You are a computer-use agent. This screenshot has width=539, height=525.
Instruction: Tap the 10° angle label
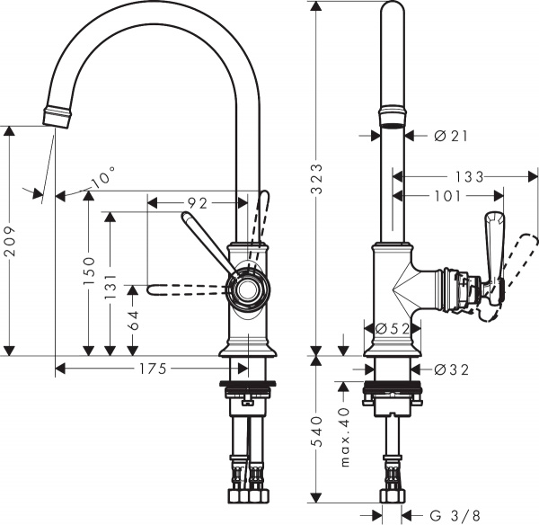tap(103, 180)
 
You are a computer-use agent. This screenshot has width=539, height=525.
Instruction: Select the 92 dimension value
tap(199, 202)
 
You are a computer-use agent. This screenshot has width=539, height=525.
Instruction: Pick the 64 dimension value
tap(134, 318)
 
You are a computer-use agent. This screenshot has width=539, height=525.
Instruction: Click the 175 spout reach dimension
tap(150, 368)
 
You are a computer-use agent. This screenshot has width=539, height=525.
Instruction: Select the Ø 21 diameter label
tap(452, 136)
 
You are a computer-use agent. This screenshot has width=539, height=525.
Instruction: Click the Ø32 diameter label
tap(452, 369)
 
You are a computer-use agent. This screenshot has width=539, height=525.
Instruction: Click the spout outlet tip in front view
tap(56, 117)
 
